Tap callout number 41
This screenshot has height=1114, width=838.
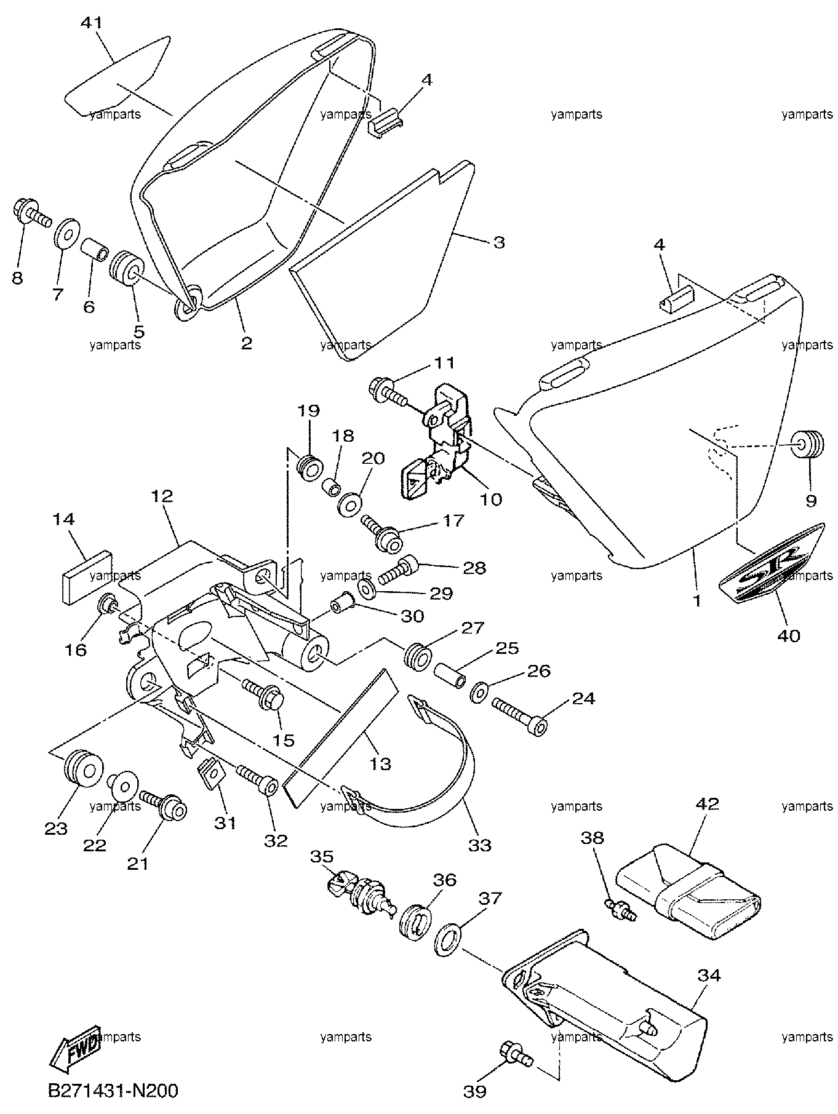click(x=92, y=23)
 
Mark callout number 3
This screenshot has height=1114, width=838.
click(x=498, y=243)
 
